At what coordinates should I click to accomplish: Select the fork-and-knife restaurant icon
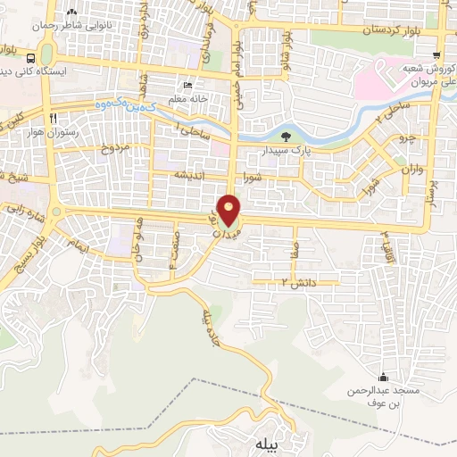54,119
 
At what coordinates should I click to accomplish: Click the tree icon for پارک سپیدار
285,137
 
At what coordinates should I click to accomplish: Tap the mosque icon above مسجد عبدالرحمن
384,377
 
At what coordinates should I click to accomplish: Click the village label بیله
268,444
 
